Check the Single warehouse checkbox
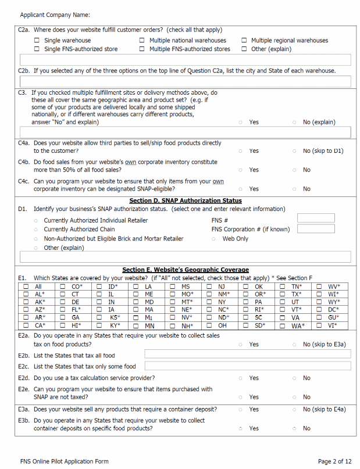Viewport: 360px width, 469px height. pyautogui.click(x=37, y=41)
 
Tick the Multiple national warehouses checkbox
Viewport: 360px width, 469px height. pyautogui.click(x=142, y=41)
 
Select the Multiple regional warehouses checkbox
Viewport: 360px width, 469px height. pyautogui.click(x=244, y=41)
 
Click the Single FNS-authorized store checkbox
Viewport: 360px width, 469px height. pyautogui.click(x=37, y=49)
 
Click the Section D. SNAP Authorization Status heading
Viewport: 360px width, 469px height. pyautogui.click(x=185, y=201)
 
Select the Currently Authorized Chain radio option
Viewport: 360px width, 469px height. pyautogui.click(x=36, y=230)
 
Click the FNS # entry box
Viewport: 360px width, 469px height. pyautogui.click(x=315, y=219)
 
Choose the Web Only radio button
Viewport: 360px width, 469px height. pyautogui.click(x=215, y=239)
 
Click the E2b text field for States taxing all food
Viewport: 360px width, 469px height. pyautogui.click(x=247, y=354)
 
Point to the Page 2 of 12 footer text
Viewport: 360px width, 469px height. pyautogui.click(x=334, y=461)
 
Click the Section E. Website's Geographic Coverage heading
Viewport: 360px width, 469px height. pyautogui.click(x=185, y=270)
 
